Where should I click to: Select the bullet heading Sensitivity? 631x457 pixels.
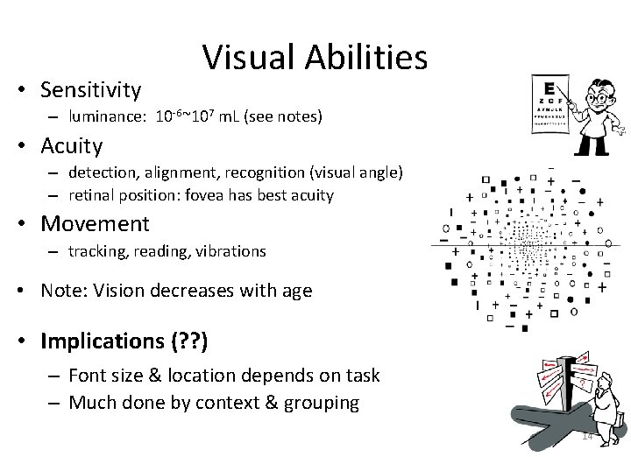[90, 88]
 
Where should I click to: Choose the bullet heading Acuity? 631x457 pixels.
[71, 145]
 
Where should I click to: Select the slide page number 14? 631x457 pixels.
[588, 436]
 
